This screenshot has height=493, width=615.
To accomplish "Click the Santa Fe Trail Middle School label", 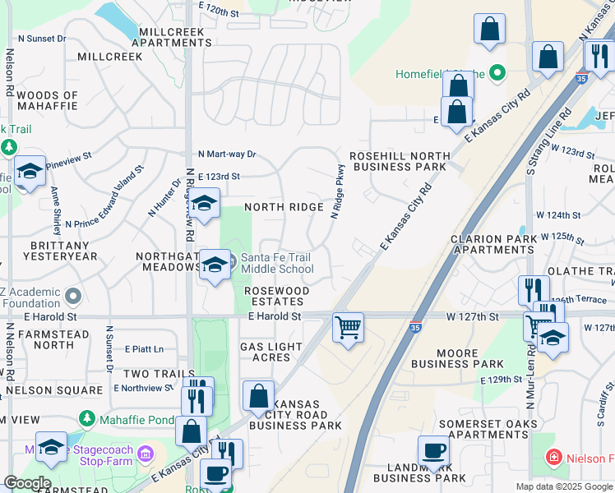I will pos(276,263).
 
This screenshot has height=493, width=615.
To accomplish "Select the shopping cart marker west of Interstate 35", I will pos(349,328).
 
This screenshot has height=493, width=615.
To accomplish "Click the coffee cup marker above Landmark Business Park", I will pos(433,451).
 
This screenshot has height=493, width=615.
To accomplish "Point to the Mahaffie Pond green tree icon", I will pos(88,419).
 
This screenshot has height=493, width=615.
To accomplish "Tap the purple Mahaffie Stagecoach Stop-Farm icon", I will pos(146,453).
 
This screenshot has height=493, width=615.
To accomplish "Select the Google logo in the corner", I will pos(26,483).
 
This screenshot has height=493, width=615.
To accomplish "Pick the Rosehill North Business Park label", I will pos(400,161).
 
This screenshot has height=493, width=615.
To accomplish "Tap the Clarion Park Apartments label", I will pos(493,244).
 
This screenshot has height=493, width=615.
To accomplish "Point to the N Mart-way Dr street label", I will pos(228,154).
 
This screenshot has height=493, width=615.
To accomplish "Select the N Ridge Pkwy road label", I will pos(336,191).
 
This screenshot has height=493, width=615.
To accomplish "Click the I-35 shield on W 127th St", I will pos(416,327).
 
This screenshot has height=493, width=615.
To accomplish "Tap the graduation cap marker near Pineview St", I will pos(30,172).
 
